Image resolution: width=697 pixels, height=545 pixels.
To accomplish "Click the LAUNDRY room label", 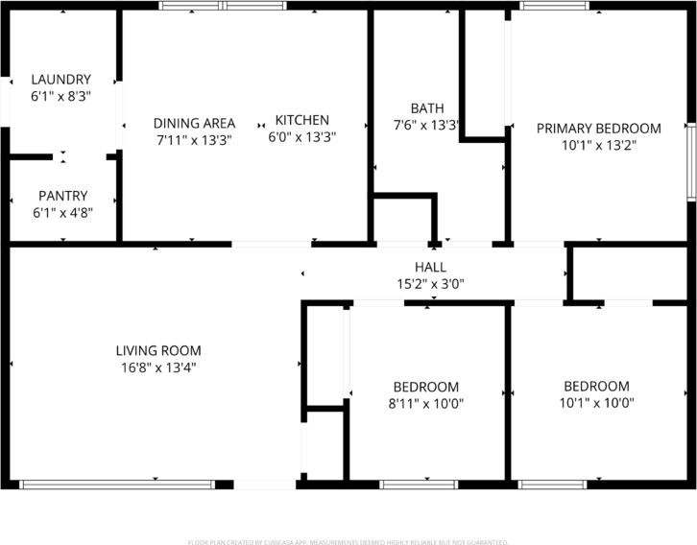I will tap(60, 80).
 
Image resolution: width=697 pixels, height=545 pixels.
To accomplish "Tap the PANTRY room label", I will tap(62, 196).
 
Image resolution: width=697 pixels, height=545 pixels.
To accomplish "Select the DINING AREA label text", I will tap(194, 123).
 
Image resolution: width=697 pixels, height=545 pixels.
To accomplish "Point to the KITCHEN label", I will tap(301, 120).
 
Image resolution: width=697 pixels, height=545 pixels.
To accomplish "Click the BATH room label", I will tap(426, 108).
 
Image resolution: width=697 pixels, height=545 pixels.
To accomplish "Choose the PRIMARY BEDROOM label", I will tap(598, 129).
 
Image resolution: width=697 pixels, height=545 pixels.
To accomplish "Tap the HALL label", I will tap(430, 267).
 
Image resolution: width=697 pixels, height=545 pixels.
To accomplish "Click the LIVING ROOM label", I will tap(158, 351).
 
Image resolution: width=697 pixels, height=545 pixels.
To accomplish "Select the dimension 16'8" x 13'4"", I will tap(158, 367).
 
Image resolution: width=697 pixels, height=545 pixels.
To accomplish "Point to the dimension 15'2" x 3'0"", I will tap(430, 283).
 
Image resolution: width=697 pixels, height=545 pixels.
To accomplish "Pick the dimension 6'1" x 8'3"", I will tap(60, 96).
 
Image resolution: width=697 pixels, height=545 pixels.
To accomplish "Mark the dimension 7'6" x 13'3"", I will tap(426, 125).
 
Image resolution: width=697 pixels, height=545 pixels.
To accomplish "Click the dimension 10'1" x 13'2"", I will tap(598, 145).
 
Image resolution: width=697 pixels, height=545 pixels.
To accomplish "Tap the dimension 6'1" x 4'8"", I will tap(62, 212).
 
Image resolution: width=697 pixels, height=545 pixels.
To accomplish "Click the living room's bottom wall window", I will tap(117, 485).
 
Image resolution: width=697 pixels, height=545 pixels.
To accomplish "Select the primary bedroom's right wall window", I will tap(690, 162).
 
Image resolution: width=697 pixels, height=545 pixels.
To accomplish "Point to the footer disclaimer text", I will tap(348, 542).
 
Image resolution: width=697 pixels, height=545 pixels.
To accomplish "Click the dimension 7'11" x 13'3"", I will tap(194, 139).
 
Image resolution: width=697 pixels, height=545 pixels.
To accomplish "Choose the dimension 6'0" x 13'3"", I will tap(301, 136).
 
